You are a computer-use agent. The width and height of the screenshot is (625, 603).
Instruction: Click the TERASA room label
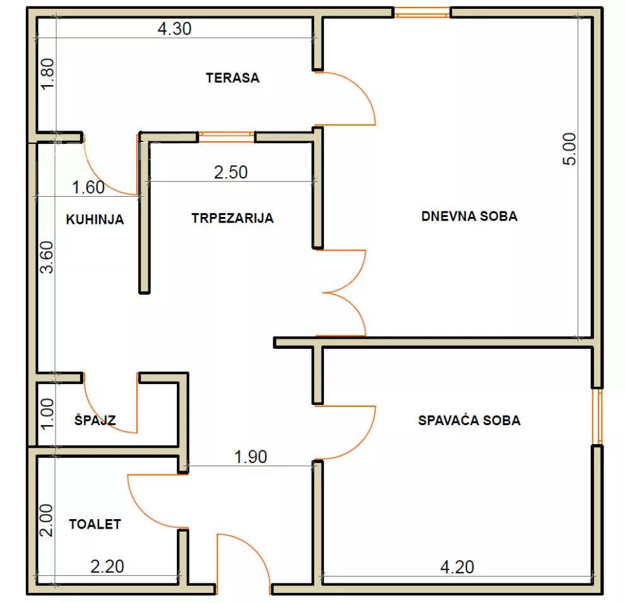232,78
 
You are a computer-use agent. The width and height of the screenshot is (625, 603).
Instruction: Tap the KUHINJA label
95,220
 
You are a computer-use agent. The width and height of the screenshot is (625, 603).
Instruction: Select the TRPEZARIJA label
232,218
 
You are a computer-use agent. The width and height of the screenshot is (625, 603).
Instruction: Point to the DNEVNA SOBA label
469,216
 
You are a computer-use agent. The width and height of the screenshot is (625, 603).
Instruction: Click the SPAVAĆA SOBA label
469,420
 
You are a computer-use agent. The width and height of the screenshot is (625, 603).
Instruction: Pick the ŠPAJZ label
95,420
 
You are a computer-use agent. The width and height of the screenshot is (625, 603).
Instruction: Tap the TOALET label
95,524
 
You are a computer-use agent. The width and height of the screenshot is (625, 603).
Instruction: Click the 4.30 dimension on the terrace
175,28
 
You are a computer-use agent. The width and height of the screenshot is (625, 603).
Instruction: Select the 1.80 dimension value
47,74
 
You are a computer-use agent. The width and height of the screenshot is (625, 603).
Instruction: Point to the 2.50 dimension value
231,172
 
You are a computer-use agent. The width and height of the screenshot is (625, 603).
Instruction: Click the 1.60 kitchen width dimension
88,187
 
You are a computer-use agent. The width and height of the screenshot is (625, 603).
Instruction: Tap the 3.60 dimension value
47,257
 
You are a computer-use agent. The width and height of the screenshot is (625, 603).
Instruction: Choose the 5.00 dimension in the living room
569,149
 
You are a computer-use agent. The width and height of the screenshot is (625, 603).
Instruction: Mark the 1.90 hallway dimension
251,457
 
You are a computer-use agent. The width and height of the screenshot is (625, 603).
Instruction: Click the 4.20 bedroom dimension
457,567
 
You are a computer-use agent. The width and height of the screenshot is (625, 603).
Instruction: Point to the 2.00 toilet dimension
46,520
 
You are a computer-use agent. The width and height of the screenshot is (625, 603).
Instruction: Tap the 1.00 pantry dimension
47,414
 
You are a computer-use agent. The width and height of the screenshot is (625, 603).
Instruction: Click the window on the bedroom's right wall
597,416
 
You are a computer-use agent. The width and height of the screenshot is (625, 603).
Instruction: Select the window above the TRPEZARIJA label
226,137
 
